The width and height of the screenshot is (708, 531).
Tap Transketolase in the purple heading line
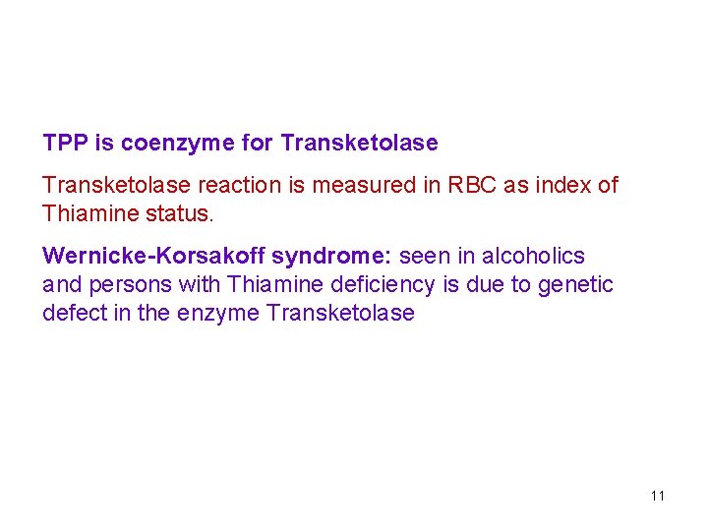[x=359, y=143]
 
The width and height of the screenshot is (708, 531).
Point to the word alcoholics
[x=532, y=256]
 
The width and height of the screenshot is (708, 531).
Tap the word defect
[x=72, y=313]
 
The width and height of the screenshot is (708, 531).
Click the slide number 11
[x=658, y=496]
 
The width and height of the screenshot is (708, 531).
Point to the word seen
[x=421, y=256]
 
